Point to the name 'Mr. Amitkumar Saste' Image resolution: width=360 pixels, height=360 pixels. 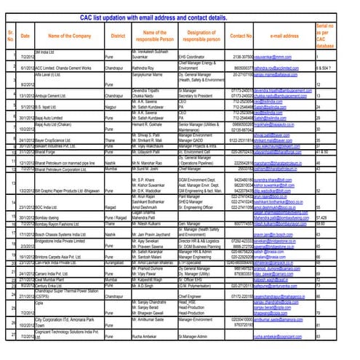click(156, 320)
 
